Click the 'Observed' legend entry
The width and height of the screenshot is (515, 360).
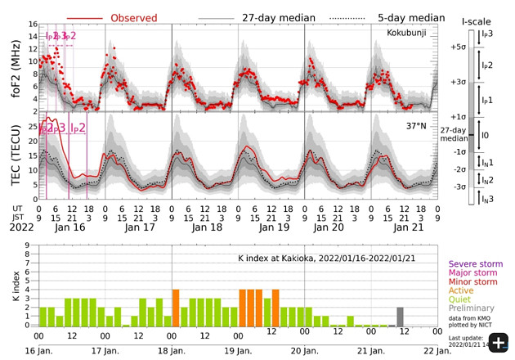[134, 17]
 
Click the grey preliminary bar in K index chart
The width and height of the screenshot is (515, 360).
[400, 316]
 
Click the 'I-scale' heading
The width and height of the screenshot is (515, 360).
[475, 18]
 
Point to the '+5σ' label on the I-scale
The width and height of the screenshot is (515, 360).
[457, 47]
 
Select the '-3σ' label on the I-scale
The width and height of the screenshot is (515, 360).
[459, 187]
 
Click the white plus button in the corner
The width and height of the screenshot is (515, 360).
[497, 342]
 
